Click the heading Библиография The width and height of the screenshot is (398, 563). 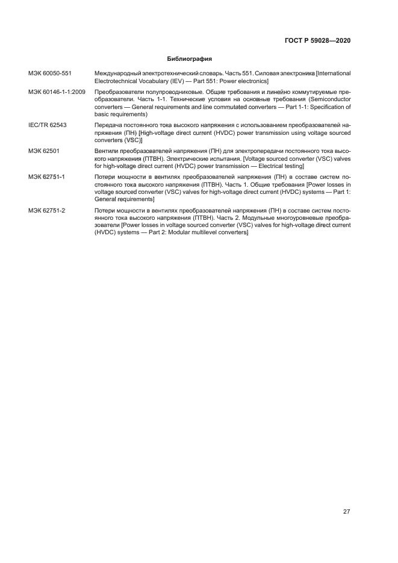click(188, 59)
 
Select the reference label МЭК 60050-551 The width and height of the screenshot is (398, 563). click(49, 73)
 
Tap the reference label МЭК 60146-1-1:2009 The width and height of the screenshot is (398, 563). click(57, 91)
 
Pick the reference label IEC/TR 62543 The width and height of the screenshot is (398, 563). click(48, 125)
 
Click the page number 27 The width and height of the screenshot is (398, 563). click(347, 512)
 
